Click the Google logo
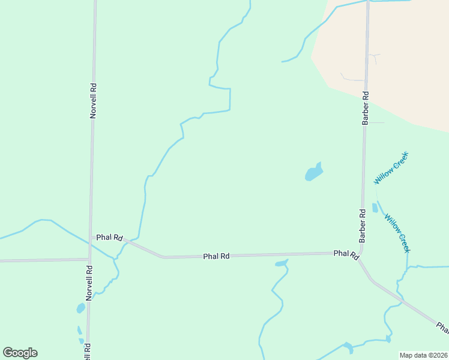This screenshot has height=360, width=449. tap(20, 353)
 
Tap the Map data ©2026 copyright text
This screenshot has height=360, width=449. tap(424, 355)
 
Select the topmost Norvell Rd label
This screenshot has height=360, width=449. tap(93, 100)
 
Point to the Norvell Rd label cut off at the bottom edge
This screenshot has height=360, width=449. tap(88, 351)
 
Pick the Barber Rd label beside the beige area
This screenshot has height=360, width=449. tap(365, 108)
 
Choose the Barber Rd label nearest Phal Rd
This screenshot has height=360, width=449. tap(363, 226)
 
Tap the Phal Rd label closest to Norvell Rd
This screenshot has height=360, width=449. tap(109, 238)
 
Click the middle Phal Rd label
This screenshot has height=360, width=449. tap(216, 256)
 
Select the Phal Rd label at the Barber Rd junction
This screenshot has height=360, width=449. tap(346, 254)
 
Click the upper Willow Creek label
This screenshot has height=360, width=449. tap(391, 168)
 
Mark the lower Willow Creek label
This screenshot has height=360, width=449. tap(397, 233)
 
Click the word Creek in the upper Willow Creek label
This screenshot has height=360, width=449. tap(400, 160)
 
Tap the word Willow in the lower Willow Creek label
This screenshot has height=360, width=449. tap(391, 223)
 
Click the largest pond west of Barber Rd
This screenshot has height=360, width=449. tap(314, 173)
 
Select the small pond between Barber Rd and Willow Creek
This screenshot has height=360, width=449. tap(375, 208)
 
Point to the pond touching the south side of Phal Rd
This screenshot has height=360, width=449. tap(281, 263)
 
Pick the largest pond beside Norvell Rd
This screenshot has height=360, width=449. tap(80, 308)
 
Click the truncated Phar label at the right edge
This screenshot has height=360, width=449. tap(442, 328)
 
